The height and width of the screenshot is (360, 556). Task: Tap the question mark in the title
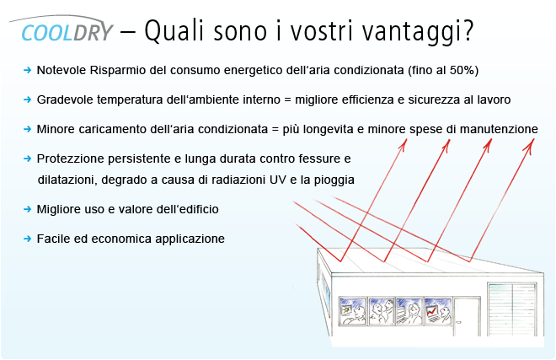[468, 30]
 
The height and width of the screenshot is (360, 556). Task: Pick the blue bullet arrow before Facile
[27, 239]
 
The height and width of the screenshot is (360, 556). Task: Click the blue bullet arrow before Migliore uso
[27, 209]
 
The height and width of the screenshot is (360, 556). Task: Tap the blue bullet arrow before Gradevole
[27, 99]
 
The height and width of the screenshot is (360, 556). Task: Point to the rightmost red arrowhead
[530, 145]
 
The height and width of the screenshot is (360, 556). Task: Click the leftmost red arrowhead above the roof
[404, 144]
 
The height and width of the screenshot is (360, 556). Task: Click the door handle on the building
[459, 322]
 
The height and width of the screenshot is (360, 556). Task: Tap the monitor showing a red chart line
[431, 311]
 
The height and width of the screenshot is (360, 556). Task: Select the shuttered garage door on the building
[512, 309]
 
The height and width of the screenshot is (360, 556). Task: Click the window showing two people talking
[382, 311]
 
